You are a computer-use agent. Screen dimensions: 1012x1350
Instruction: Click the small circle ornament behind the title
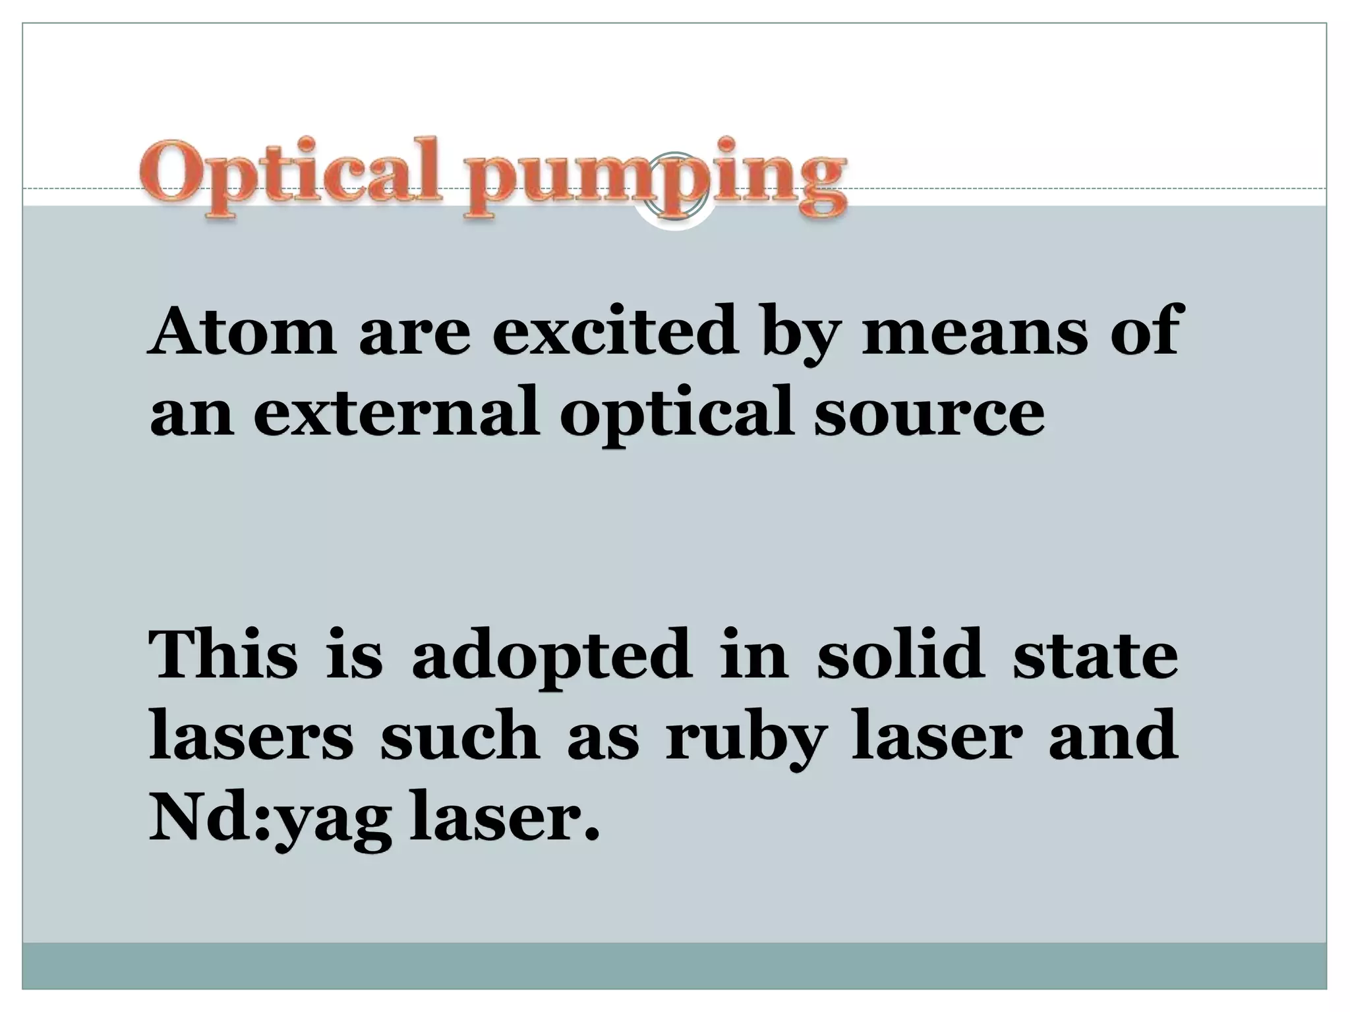point(675,185)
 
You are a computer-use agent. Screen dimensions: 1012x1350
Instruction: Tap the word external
point(396,412)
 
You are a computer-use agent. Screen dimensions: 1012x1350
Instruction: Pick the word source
point(929,412)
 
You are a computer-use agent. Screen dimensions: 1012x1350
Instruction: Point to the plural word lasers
point(251,736)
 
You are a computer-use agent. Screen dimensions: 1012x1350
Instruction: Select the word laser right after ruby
point(937,736)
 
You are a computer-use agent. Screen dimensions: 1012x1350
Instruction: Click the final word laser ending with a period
point(504,817)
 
